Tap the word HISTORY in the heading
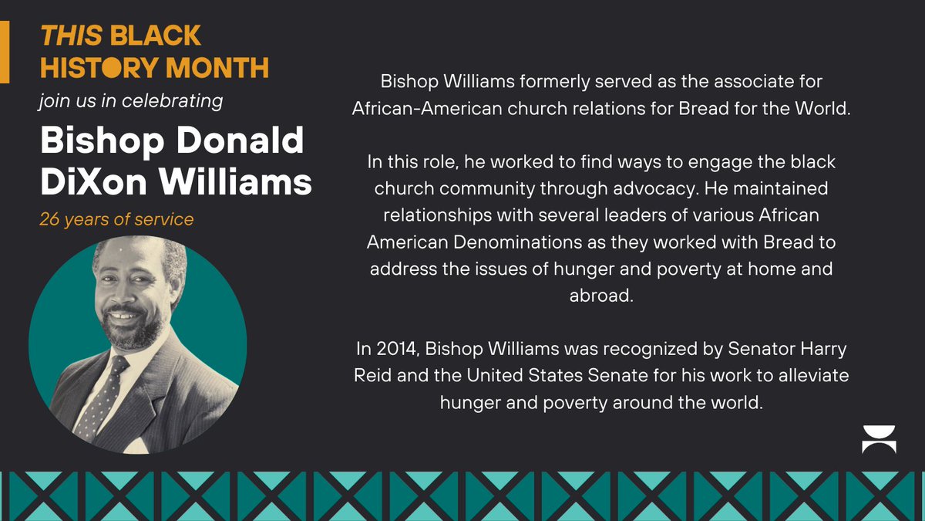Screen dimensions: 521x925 (x=99, y=68)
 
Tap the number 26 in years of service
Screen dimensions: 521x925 (x=49, y=220)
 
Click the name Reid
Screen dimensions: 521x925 (x=371, y=376)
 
